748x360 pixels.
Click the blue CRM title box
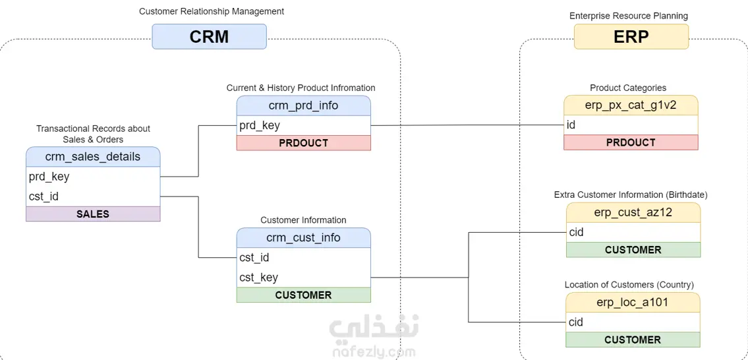pyautogui.click(x=209, y=37)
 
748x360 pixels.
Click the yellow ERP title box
pyautogui.click(x=631, y=37)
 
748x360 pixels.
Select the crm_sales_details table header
pyautogui.click(x=93, y=157)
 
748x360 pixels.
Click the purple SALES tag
pyautogui.click(x=93, y=214)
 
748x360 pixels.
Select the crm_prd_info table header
pyautogui.click(x=303, y=105)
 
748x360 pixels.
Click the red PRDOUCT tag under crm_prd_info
pyautogui.click(x=303, y=143)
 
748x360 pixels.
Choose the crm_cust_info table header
pyautogui.click(x=303, y=238)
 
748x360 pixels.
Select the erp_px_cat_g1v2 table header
pyautogui.click(x=631, y=105)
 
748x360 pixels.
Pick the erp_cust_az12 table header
pyautogui.click(x=633, y=212)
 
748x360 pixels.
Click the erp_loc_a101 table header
pyautogui.click(x=633, y=302)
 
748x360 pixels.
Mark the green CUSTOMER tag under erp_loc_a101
pyautogui.click(x=633, y=340)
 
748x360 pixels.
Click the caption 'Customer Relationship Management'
pyautogui.click(x=212, y=11)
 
